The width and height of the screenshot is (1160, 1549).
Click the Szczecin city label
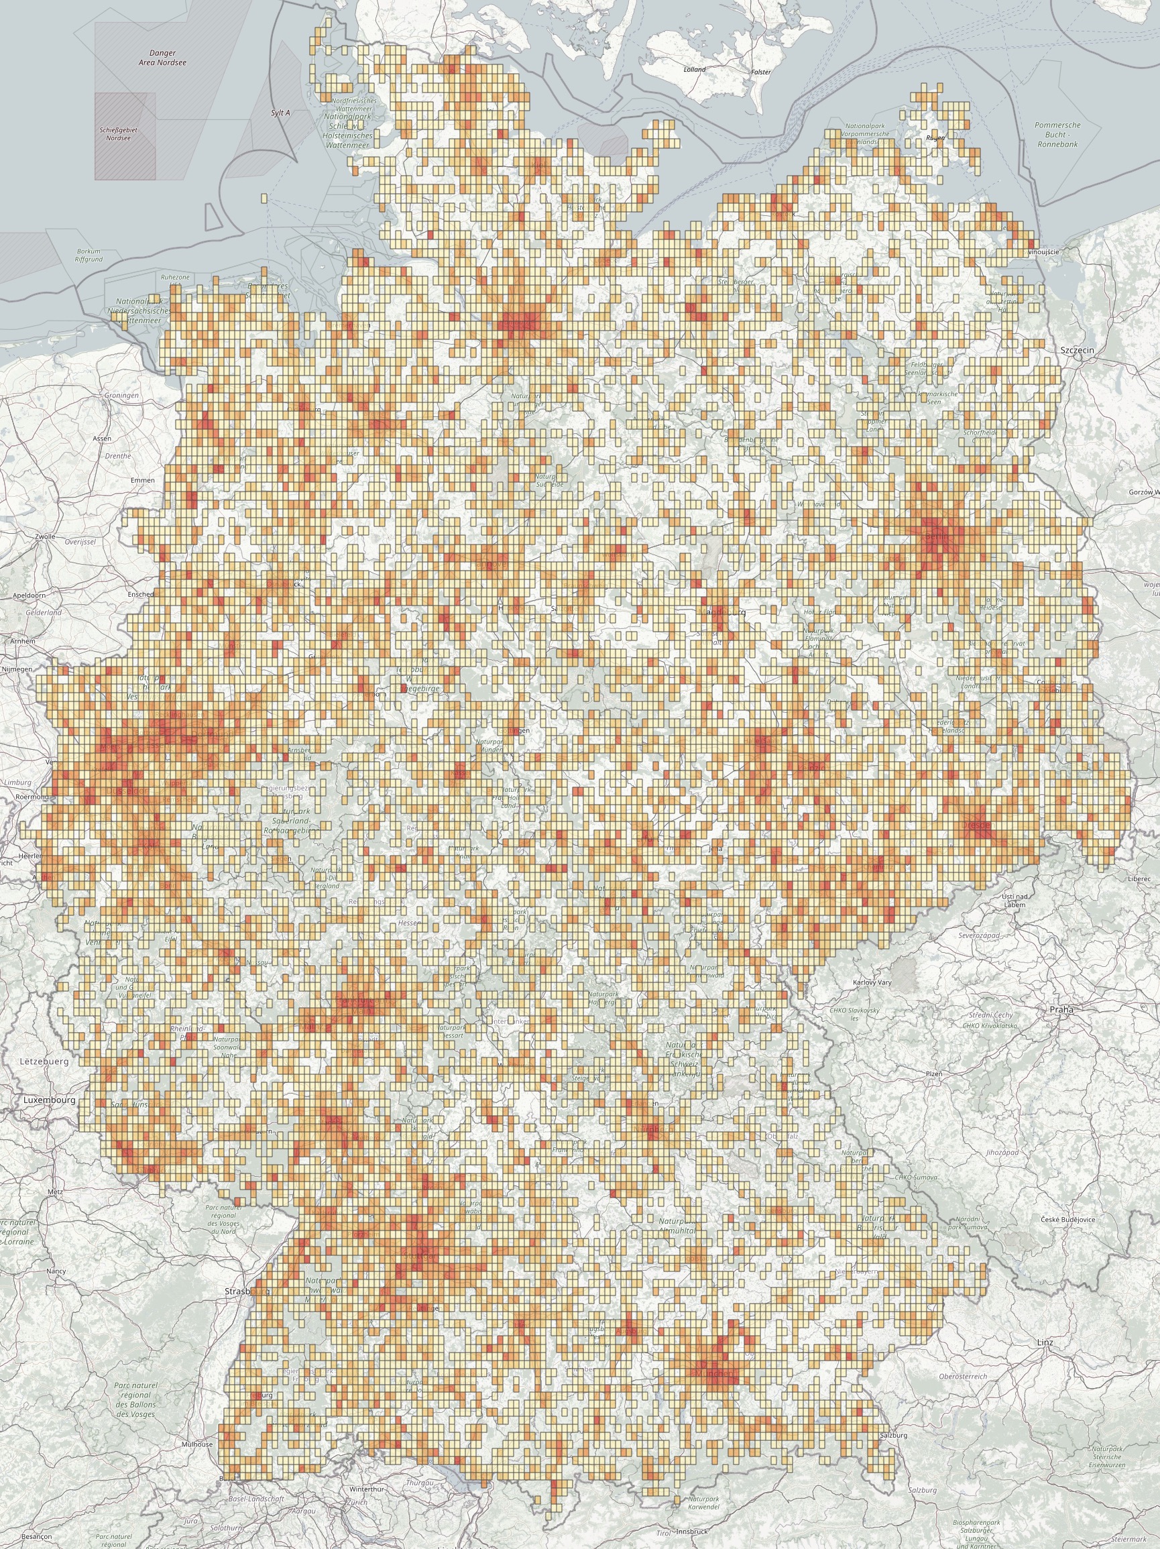(1076, 350)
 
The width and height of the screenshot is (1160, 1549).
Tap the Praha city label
(1061, 1010)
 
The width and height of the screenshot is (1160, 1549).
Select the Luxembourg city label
(49, 1100)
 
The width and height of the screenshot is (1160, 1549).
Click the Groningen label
(121, 396)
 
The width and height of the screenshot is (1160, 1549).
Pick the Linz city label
(1045, 1343)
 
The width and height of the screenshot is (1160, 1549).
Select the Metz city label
(54, 1192)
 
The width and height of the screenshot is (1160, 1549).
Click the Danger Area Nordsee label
(162, 58)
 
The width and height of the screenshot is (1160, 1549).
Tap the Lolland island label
(695, 69)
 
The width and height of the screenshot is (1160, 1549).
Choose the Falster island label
(760, 72)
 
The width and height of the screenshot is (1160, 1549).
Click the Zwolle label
(45, 536)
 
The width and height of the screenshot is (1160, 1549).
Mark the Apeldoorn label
(29, 595)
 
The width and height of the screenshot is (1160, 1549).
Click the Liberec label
(1139, 878)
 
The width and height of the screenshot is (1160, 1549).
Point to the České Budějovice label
(1067, 1220)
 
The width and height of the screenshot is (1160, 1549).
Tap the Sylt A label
(280, 113)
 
